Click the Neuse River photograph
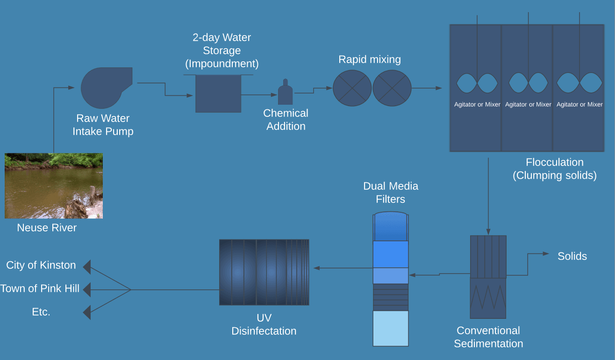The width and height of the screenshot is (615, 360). [x=54, y=186]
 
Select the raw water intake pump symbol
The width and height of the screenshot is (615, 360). [x=103, y=88]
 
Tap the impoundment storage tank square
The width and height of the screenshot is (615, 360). [x=218, y=94]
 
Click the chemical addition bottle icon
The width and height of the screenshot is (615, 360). [x=285, y=93]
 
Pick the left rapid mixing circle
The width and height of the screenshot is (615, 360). [x=352, y=88]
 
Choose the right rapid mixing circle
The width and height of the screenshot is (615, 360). [x=392, y=88]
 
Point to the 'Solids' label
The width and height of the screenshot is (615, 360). [x=572, y=256]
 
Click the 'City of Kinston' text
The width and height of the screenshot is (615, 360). [x=41, y=265]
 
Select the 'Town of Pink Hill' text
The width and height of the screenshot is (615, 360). [x=40, y=288]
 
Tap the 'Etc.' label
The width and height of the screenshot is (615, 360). [x=41, y=312]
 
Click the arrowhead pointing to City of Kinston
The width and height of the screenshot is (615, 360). [x=87, y=267]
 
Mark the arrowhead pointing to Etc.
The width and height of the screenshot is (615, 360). [x=87, y=312]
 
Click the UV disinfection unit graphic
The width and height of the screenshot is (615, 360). [x=264, y=272]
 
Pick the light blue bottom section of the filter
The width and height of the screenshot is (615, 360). [x=391, y=328]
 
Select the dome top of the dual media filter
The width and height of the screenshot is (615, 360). [x=391, y=226]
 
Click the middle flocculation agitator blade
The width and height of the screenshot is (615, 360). [x=528, y=83]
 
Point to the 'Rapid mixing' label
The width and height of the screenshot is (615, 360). [x=370, y=59]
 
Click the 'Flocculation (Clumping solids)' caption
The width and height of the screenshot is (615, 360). [x=555, y=169]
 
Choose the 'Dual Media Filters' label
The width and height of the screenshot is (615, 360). [x=391, y=193]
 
